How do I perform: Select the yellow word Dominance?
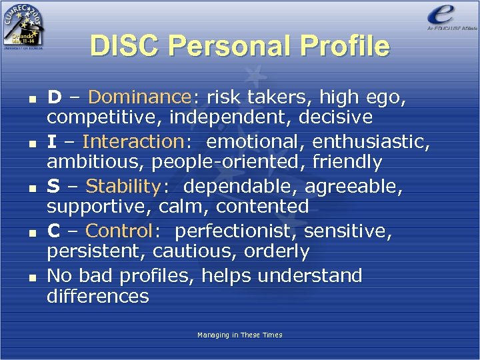pyautogui.click(x=139, y=97)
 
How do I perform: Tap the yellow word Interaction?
pyautogui.click(x=132, y=141)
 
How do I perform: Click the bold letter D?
pyautogui.click(x=54, y=97)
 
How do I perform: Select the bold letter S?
pyautogui.click(x=53, y=186)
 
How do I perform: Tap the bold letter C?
pyautogui.click(x=54, y=231)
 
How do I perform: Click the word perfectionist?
pyautogui.click(x=232, y=231)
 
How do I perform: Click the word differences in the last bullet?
pyautogui.click(x=97, y=296)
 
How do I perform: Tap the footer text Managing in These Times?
pyautogui.click(x=239, y=335)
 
